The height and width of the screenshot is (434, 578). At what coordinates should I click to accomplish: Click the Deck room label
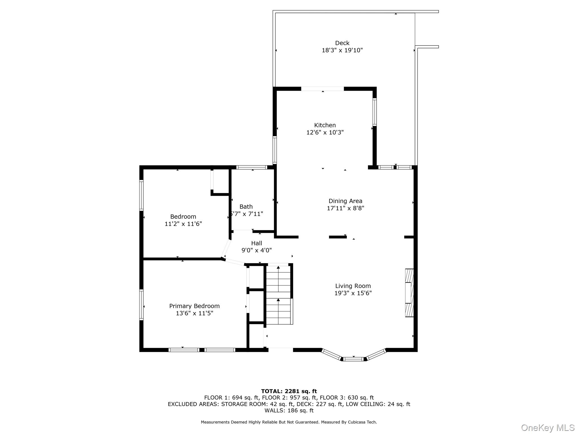click(x=342, y=43)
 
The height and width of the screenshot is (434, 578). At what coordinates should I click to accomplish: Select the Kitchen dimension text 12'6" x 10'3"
click(x=325, y=132)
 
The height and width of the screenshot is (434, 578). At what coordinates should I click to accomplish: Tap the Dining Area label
click(x=345, y=201)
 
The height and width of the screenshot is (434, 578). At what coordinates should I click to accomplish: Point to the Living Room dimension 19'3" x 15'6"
click(x=353, y=293)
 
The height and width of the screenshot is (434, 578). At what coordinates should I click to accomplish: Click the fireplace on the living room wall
click(x=409, y=293)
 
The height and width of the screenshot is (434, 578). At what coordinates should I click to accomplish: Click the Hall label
click(x=257, y=243)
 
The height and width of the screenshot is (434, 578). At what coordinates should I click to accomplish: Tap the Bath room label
click(x=246, y=207)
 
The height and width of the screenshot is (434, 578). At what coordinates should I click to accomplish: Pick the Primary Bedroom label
click(x=194, y=306)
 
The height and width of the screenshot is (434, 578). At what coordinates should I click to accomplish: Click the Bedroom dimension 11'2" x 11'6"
click(x=183, y=224)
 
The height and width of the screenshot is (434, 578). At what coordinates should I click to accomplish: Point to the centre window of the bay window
click(x=353, y=359)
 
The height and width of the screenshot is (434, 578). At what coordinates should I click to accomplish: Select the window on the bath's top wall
click(x=251, y=167)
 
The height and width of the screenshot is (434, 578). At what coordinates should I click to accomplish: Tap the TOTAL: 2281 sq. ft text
click(x=289, y=391)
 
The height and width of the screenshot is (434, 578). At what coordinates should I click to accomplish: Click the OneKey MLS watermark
click(x=548, y=428)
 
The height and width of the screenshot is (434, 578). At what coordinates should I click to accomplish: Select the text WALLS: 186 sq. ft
click(x=289, y=411)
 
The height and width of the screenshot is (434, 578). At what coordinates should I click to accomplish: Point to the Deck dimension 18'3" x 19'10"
click(x=342, y=50)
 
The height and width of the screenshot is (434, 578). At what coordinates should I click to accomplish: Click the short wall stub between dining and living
click(x=338, y=237)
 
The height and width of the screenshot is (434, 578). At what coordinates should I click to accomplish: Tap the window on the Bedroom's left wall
click(x=141, y=195)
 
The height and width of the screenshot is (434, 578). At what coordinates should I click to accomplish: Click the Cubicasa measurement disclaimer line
click(x=289, y=422)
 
